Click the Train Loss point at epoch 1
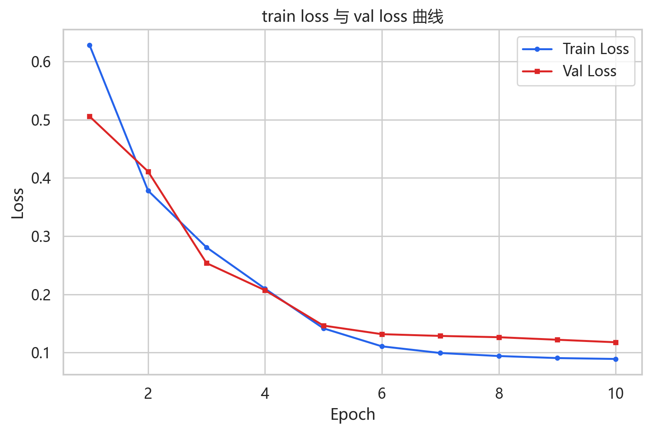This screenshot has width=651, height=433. (90, 46)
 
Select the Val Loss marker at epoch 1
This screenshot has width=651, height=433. (90, 117)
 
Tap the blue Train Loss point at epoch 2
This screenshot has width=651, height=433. (148, 191)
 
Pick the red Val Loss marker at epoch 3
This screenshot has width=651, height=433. (206, 263)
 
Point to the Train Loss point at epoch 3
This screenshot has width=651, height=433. (206, 248)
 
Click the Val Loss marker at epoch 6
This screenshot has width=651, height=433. (382, 335)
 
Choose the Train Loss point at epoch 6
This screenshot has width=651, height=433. (382, 346)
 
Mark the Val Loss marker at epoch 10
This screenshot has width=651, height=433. (616, 343)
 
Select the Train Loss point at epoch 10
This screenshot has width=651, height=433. (616, 359)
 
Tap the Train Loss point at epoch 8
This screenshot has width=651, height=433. (499, 356)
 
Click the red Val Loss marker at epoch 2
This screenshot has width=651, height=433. (148, 172)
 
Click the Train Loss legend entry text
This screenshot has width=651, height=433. (596, 49)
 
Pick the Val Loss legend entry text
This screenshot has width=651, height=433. (590, 71)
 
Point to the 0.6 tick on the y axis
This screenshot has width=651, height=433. (41, 62)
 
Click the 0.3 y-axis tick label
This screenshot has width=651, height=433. (41, 237)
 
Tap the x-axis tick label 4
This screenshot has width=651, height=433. (265, 394)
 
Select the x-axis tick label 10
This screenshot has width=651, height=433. (616, 394)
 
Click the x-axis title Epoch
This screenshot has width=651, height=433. (353, 415)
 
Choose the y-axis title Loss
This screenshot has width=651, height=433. (17, 203)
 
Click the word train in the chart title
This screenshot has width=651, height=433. (279, 17)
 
